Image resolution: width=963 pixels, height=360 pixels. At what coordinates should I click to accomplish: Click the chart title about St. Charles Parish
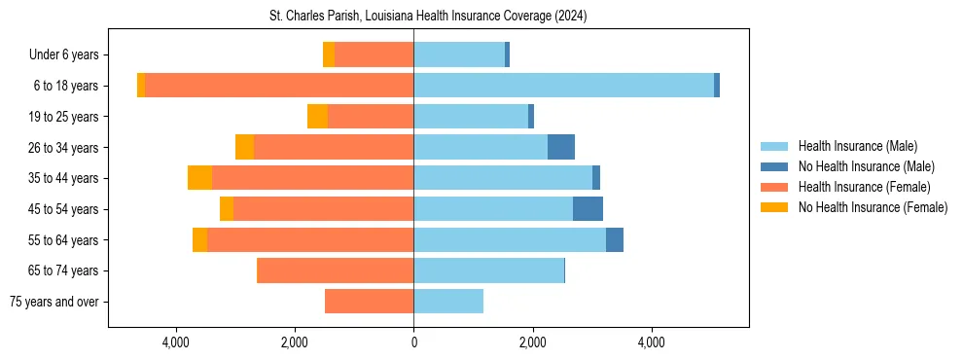tap(428, 17)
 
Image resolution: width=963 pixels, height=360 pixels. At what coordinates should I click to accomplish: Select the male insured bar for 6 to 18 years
tap(563, 86)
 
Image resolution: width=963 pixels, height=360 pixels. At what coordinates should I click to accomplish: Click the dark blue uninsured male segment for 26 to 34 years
tap(561, 147)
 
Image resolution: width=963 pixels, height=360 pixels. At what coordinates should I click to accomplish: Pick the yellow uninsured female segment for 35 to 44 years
tap(199, 178)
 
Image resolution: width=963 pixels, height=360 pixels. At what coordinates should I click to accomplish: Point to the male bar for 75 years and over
tap(448, 302)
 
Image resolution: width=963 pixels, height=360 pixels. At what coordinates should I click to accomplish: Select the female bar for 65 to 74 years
tap(335, 270)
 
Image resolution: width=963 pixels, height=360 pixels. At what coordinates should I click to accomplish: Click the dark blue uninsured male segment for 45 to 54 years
tap(588, 209)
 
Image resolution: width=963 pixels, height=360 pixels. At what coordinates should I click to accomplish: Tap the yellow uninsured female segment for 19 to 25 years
tap(317, 117)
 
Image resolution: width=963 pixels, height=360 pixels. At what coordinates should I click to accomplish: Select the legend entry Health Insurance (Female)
tap(864, 187)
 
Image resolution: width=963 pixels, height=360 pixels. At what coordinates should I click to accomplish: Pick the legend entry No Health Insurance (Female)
tap(873, 207)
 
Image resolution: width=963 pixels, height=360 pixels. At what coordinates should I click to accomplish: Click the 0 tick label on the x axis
tap(413, 342)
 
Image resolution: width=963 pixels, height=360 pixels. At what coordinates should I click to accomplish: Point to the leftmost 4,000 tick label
tap(176, 342)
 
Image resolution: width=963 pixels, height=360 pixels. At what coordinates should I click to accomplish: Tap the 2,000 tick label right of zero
tap(532, 342)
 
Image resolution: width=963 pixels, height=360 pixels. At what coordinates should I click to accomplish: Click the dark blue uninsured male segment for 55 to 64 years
tap(615, 240)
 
